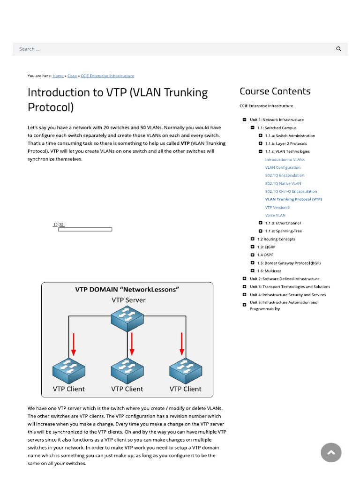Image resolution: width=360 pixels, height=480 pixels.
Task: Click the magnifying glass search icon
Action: click(339, 49)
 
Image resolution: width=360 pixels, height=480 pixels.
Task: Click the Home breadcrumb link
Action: click(58, 75)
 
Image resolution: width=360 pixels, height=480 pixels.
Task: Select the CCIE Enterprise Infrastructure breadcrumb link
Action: click(107, 75)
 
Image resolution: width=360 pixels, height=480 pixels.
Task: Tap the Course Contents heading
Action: click(275, 91)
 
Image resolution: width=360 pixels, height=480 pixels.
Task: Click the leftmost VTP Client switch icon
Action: click(69, 371)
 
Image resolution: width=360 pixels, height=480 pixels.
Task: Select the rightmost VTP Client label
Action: click(185, 389)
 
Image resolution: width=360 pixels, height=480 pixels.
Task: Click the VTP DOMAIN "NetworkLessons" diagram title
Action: click(127, 289)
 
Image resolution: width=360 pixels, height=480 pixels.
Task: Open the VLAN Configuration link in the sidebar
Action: click(283, 167)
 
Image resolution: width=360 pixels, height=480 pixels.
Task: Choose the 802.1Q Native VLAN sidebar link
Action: click(283, 183)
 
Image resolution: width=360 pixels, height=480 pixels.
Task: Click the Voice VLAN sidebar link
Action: click(275, 215)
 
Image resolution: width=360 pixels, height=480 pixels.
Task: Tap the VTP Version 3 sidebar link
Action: click(277, 207)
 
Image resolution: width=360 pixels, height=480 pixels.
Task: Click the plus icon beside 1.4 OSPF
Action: click(253, 255)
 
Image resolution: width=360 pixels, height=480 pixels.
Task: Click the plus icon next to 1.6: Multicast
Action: click(253, 271)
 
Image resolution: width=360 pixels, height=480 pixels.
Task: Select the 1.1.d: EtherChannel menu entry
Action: click(283, 223)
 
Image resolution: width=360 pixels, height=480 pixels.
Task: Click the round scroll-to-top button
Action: click(331, 452)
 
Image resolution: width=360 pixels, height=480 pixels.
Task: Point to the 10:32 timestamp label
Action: click(58, 225)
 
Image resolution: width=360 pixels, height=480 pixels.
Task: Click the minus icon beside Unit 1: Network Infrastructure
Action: click(244, 120)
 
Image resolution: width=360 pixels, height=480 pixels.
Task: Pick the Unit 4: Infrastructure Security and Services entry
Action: click(288, 295)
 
